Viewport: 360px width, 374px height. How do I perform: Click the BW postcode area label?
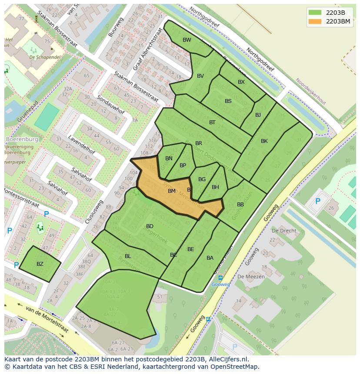pos(187,40)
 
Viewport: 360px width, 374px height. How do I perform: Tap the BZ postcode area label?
pos(40,264)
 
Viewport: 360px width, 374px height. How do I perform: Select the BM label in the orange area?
pos(172,191)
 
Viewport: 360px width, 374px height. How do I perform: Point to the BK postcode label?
pos(264,141)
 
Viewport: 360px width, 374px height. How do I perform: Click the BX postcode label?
pos(241,82)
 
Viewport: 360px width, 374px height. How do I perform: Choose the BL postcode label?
pos(128,256)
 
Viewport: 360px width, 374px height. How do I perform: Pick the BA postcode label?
pos(210,258)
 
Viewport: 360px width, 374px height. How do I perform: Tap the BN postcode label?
pos(169,159)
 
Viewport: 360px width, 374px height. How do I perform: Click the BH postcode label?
pos(215,187)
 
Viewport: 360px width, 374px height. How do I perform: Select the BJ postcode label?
pos(258,115)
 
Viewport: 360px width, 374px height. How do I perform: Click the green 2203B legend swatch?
pos(315,13)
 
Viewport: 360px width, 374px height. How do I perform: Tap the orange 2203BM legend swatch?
pos(315,21)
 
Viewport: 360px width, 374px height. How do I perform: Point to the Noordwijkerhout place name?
pos(310,91)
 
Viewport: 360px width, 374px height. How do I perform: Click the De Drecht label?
pos(284,231)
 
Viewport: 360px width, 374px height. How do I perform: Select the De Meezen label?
pos(248,276)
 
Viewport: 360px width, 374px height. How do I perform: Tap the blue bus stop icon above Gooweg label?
pos(220,278)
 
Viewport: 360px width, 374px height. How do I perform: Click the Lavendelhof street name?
pos(81,145)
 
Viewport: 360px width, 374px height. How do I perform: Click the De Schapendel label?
pos(45,57)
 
